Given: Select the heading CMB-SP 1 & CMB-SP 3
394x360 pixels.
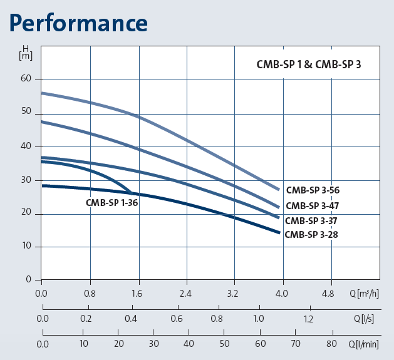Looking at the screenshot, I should point(309,64).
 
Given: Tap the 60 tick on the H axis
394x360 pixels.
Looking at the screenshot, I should point(26,79).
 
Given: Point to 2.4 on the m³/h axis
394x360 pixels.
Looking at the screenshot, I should point(186,292).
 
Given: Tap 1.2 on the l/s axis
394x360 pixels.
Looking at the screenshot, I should point(308,319).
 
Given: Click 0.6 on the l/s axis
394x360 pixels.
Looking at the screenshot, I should point(176,319).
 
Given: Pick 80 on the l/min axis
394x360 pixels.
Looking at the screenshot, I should point(332,344).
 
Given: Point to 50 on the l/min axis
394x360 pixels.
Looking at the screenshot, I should point(224,344).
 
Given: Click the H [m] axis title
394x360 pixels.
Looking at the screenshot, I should point(26,52).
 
